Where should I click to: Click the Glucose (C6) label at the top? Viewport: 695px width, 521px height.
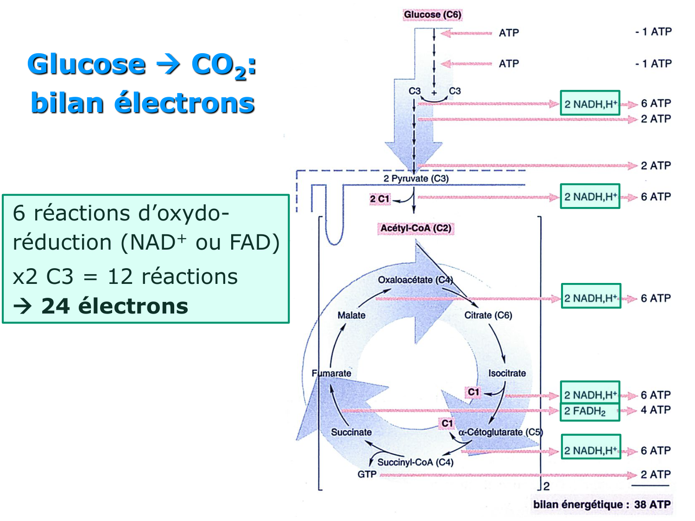click(432, 15)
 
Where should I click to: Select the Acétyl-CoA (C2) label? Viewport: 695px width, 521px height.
click(416, 228)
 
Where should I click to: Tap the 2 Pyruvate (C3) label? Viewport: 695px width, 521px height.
click(416, 178)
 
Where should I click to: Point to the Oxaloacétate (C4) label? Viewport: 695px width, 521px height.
click(415, 280)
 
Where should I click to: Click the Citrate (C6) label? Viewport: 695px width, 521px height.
click(488, 315)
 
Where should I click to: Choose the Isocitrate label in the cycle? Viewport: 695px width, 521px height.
click(507, 373)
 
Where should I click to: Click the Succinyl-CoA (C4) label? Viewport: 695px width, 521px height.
click(415, 462)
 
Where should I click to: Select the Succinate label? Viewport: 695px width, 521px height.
click(351, 432)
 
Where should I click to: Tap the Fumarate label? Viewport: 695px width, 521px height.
click(331, 373)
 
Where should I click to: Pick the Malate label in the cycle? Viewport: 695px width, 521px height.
click(351, 315)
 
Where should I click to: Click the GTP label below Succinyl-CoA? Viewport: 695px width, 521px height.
click(367, 474)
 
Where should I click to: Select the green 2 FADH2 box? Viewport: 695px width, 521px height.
click(589, 411)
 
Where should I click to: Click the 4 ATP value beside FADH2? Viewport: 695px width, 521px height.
click(656, 410)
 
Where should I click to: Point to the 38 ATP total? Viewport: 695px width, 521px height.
click(652, 504)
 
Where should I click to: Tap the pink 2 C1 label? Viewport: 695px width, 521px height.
click(379, 199)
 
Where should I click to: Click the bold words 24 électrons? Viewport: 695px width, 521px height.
click(114, 306)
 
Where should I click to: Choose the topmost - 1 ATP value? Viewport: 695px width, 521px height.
click(653, 32)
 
